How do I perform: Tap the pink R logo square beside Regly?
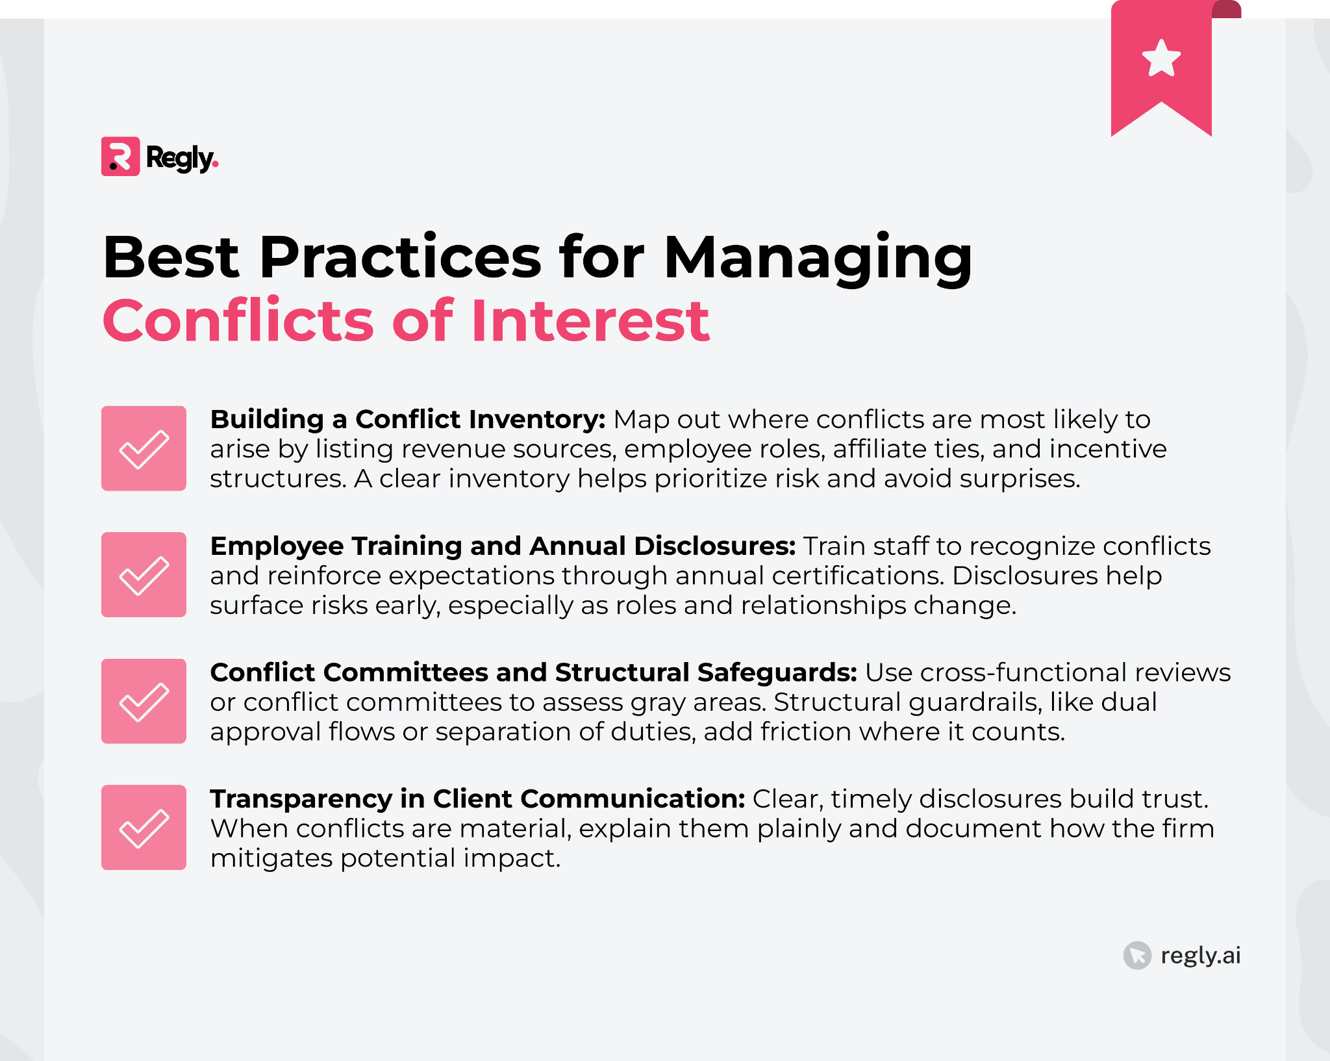pyautogui.click(x=120, y=157)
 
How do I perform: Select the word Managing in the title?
pyautogui.click(x=818, y=259)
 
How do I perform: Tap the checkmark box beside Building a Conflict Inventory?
pyautogui.click(x=144, y=448)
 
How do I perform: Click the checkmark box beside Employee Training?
pyautogui.click(x=144, y=575)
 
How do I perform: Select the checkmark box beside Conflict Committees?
pyautogui.click(x=144, y=701)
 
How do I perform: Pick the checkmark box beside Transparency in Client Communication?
pyautogui.click(x=144, y=827)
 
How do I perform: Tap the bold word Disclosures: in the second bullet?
pyautogui.click(x=714, y=546)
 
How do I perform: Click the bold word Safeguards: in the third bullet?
pyautogui.click(x=777, y=673)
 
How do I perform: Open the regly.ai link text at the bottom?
pyautogui.click(x=1200, y=956)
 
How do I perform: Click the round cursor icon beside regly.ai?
pyautogui.click(x=1137, y=956)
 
